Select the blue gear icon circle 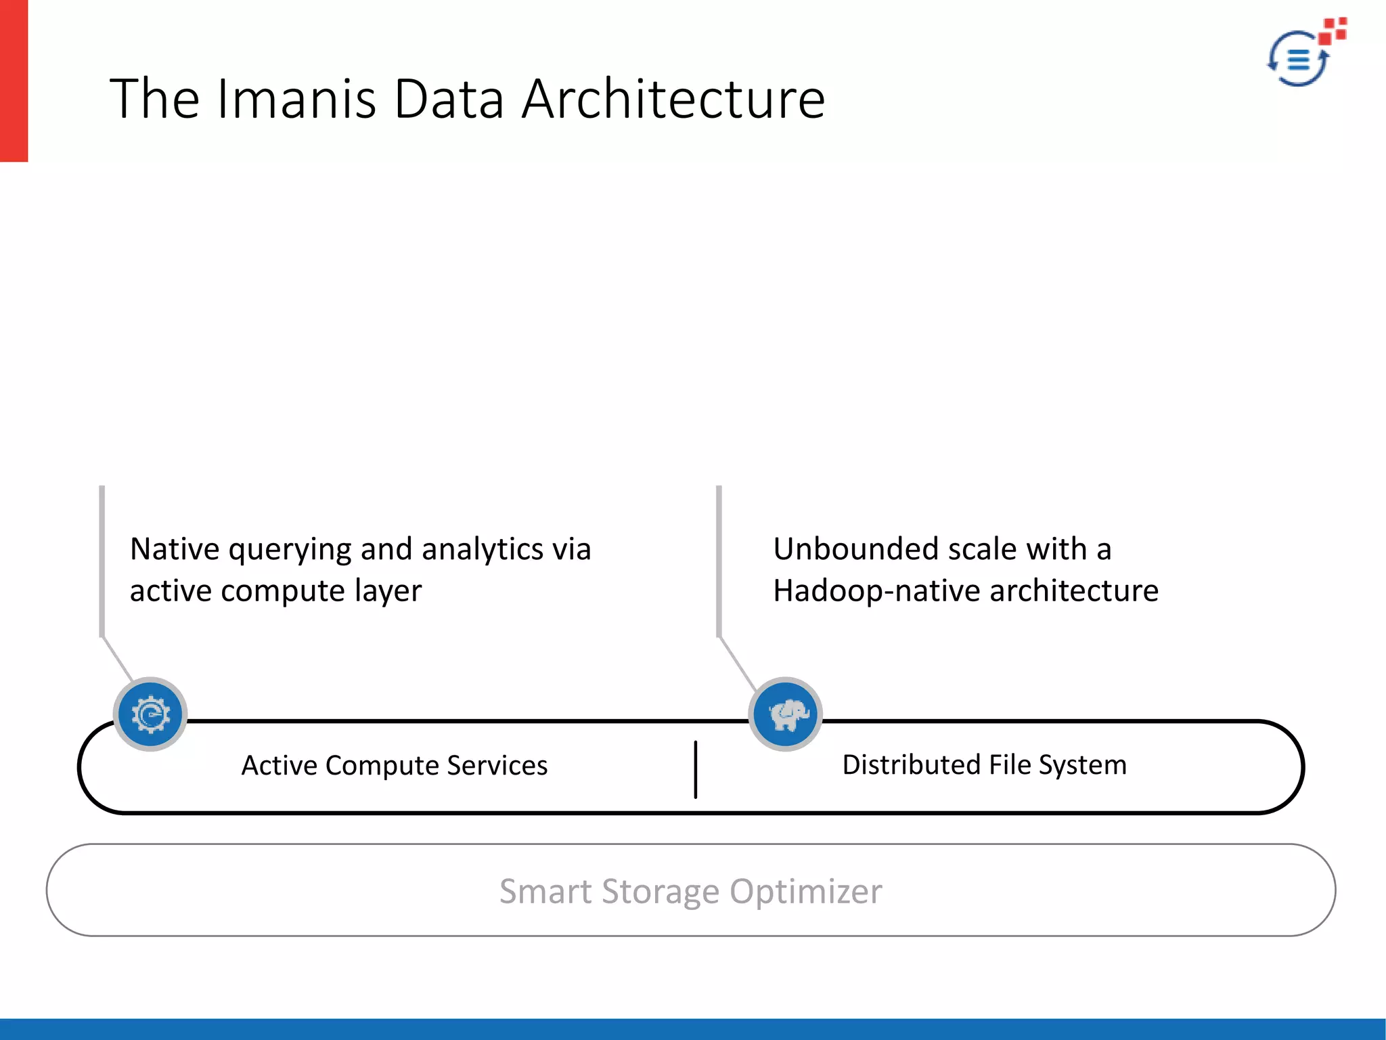150,714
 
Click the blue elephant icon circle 786,714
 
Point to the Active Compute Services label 394,766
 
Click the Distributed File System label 984,765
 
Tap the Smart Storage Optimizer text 690,891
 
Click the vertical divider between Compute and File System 695,769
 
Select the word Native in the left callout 174,548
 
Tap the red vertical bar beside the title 14,81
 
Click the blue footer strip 693,1029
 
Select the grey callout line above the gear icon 102,562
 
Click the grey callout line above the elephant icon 719,562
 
